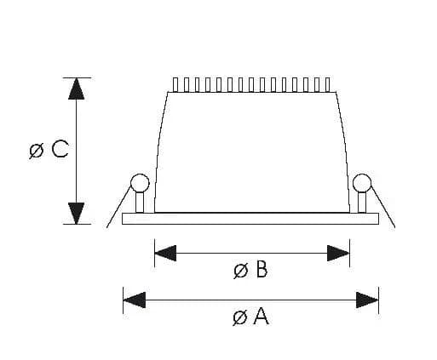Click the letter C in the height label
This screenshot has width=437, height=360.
60,149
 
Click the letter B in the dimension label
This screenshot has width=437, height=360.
262,269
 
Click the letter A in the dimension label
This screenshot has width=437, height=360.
261,316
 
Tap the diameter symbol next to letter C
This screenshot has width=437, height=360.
37,151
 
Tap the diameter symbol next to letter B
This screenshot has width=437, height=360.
241,271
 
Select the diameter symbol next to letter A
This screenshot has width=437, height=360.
240,317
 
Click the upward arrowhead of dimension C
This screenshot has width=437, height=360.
77,89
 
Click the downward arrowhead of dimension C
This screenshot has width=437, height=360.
77,214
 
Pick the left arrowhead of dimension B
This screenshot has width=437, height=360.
165,253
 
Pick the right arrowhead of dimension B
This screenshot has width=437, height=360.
338,253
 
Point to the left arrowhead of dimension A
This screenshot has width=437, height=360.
135,300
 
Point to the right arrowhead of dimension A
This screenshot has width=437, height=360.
367,300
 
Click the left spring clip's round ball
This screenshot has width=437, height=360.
140,183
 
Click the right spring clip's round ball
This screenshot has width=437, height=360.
362,183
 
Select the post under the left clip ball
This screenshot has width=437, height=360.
140,203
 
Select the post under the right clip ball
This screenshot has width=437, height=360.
362,203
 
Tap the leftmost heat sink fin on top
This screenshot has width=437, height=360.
175,84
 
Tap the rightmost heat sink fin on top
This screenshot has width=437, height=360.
328,84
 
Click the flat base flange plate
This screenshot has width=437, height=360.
250,219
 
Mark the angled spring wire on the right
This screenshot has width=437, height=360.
383,208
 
